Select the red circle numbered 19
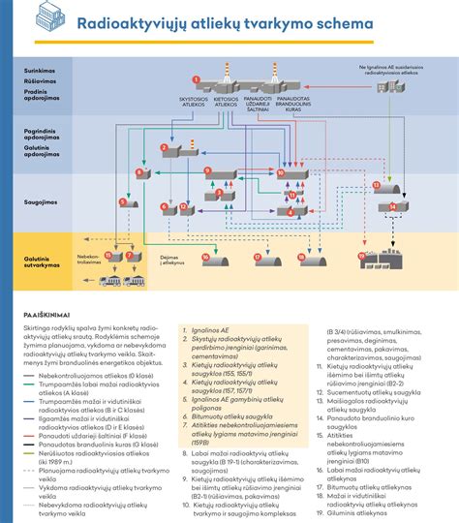[362, 256]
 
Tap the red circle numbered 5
[123, 202]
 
